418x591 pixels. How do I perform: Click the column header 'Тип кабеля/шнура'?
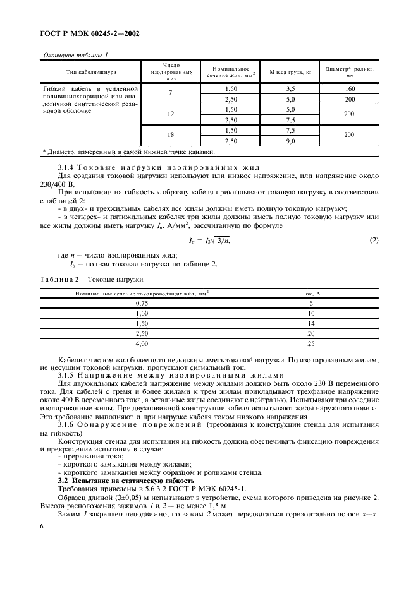[90, 72]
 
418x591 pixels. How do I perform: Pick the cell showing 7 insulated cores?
[171, 93]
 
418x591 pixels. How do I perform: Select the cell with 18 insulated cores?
[171, 135]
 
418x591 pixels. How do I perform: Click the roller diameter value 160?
[350, 88]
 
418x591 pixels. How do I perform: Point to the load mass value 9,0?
[292, 141]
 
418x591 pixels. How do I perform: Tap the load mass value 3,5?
[292, 88]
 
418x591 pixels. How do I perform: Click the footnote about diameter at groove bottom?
[128, 152]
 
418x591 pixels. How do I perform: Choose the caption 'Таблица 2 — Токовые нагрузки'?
[92, 278]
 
